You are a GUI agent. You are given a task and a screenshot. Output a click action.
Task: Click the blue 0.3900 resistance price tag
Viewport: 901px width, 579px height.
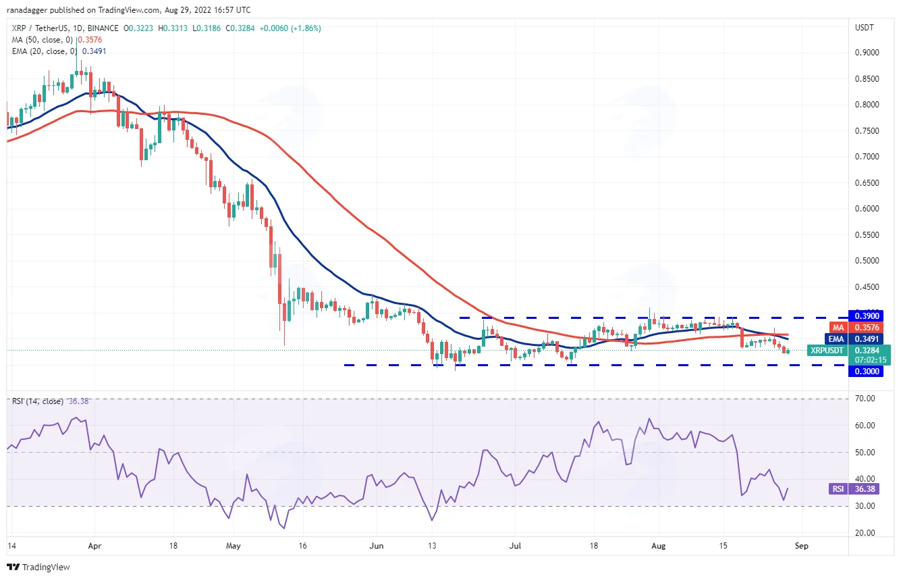click(x=866, y=316)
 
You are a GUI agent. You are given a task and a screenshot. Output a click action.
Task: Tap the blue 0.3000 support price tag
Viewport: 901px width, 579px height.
click(x=866, y=371)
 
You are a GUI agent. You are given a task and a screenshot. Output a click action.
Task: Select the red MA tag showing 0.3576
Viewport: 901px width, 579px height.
click(x=856, y=328)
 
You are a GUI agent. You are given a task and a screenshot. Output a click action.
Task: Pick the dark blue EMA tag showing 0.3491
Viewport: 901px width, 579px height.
click(x=854, y=339)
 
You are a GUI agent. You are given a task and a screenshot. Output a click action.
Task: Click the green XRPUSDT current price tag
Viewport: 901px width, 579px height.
click(x=849, y=355)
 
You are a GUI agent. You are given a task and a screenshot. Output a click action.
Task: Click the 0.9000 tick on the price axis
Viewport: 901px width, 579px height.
click(x=867, y=53)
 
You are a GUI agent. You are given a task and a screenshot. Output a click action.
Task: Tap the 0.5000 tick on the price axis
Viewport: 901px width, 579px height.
click(x=867, y=261)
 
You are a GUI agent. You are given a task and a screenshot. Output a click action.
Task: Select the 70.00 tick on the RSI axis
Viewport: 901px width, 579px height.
click(x=865, y=399)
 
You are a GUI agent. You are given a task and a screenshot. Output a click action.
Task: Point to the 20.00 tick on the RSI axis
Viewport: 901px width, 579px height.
click(x=865, y=533)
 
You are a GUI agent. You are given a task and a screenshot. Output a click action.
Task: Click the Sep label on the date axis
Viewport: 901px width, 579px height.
click(x=801, y=546)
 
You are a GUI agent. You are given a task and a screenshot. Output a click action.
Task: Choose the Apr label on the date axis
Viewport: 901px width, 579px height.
click(x=94, y=546)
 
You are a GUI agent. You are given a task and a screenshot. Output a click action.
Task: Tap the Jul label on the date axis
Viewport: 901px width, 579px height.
click(x=515, y=546)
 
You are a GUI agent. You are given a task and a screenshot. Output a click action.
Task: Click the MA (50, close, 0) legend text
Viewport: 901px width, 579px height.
click(x=43, y=40)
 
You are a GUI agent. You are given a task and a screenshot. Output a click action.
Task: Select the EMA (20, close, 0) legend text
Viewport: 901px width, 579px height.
click(x=45, y=51)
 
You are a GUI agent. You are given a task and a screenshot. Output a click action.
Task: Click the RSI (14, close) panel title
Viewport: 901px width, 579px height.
click(x=37, y=401)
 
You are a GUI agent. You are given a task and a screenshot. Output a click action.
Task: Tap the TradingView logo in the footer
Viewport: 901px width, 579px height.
click(x=38, y=568)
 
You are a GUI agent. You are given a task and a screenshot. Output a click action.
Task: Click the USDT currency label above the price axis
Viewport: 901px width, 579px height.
click(x=864, y=28)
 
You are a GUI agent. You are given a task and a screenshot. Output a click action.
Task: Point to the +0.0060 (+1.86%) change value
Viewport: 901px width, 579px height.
click(x=290, y=28)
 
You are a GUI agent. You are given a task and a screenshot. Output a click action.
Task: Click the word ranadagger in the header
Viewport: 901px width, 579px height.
click(x=28, y=9)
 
